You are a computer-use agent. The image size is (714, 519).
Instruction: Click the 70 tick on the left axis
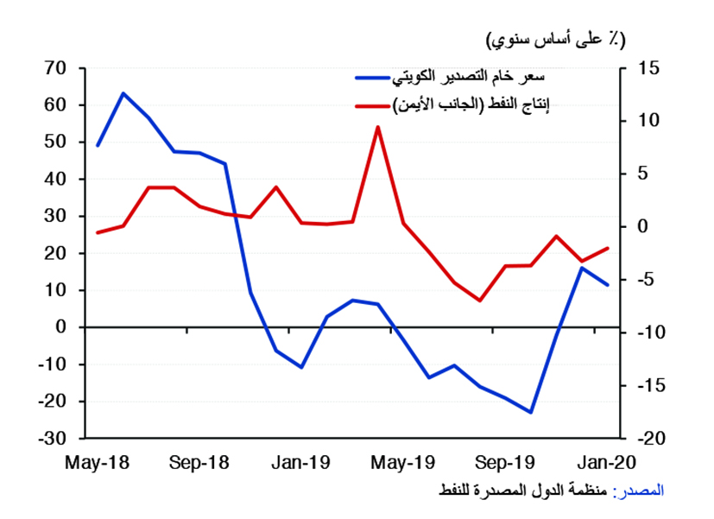[54, 68]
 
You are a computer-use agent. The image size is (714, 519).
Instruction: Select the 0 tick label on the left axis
[60, 327]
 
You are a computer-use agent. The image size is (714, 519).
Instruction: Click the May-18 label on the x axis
[97, 463]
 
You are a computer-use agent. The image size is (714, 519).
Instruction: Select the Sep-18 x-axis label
[199, 463]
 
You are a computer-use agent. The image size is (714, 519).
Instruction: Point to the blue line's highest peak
[123, 93]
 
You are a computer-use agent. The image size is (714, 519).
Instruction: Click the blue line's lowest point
[532, 412]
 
